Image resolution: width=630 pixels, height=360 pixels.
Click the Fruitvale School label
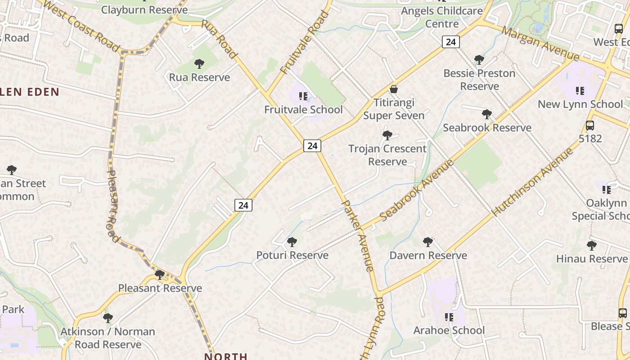click(303, 109)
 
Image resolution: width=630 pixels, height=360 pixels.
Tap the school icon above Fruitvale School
click(303, 96)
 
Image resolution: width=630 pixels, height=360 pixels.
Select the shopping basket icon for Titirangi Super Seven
click(394, 89)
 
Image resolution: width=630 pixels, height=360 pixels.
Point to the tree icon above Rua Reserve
click(199, 64)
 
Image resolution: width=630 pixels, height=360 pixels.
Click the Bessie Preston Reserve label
click(479, 80)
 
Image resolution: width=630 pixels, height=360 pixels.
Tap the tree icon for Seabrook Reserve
click(486, 114)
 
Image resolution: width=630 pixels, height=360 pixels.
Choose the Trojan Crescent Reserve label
click(387, 155)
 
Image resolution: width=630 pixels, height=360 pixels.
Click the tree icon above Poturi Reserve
click(292, 242)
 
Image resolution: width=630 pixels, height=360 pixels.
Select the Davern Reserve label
click(428, 256)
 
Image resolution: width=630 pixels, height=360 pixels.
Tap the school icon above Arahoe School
click(449, 317)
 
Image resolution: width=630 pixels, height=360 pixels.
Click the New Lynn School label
click(580, 104)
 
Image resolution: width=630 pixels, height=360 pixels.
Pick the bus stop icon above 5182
click(589, 126)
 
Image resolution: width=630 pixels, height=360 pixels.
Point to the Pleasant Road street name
click(113, 205)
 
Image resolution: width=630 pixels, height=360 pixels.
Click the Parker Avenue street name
click(358, 235)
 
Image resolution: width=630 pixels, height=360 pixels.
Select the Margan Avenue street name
click(540, 44)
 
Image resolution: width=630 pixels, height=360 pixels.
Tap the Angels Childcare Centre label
click(441, 17)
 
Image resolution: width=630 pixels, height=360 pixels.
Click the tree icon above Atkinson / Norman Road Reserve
click(108, 318)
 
